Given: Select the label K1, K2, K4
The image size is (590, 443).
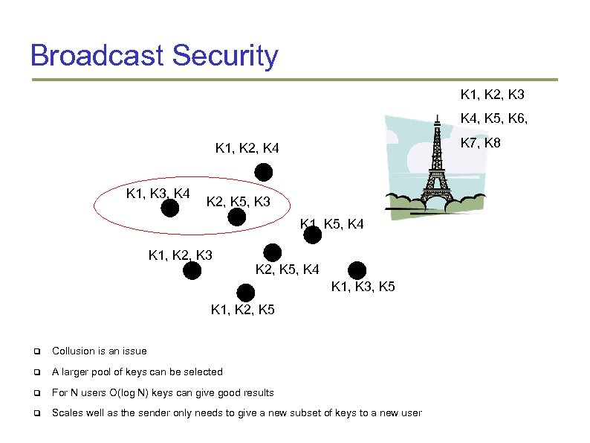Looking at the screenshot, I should [247, 150].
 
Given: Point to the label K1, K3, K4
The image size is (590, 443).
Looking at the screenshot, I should [158, 194].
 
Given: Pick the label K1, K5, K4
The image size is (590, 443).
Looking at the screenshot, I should [332, 223].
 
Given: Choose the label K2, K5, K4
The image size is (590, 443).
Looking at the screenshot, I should [288, 269].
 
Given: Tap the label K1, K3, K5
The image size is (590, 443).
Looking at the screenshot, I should [363, 286].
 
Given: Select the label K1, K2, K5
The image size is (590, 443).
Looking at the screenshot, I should [243, 309].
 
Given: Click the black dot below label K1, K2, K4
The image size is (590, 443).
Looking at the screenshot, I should [264, 173].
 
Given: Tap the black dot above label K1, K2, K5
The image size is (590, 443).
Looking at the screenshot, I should [243, 293].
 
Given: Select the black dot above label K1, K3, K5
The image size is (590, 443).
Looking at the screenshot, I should [357, 270].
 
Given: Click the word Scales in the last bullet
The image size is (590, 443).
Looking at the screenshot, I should [67, 413].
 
